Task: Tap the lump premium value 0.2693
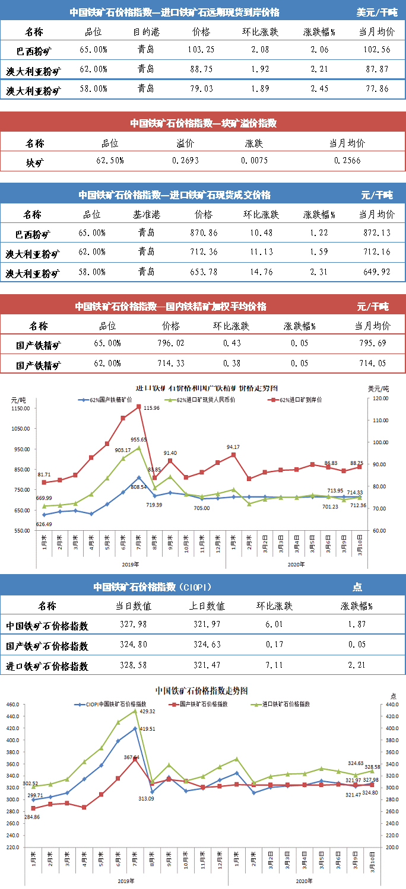point(185,160)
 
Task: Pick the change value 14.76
point(261,273)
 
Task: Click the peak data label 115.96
point(152,408)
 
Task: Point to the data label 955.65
point(139,440)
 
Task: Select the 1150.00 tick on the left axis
point(20,408)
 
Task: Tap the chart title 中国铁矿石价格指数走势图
point(201,691)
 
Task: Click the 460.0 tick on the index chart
point(13,705)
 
